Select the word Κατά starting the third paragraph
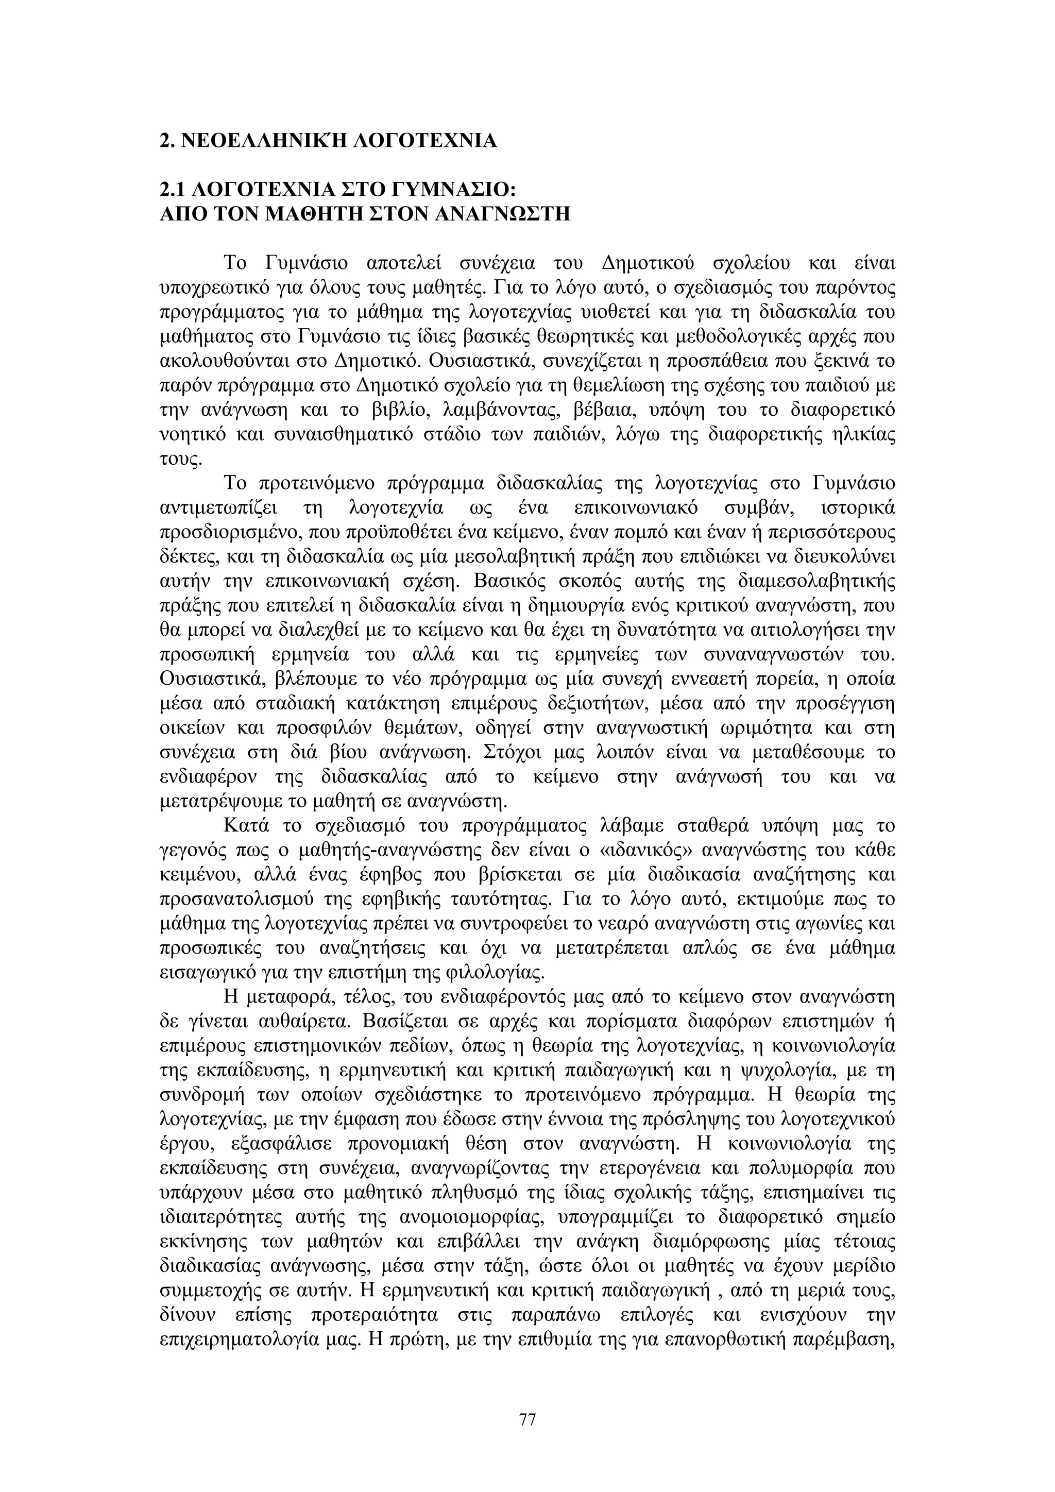click(246, 826)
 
